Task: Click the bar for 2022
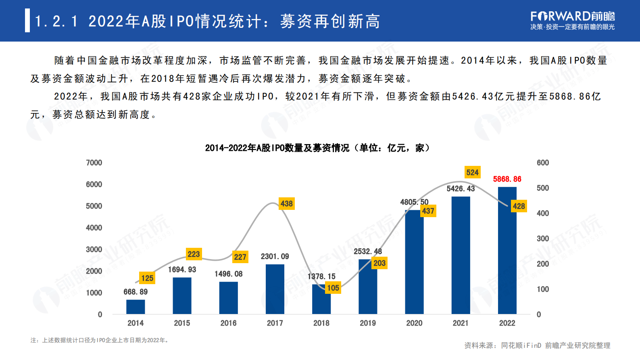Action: click(507, 250)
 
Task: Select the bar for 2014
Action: click(136, 307)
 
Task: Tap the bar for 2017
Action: click(275, 289)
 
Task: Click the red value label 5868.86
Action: click(507, 179)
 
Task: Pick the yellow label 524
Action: click(472, 172)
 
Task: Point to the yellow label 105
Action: click(333, 288)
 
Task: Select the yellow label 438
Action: click(286, 203)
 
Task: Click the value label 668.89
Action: click(136, 292)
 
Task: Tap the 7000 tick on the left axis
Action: click(94, 163)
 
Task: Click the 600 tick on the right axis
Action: click(542, 163)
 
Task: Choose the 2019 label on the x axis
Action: click(367, 323)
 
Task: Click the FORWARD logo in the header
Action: click(572, 17)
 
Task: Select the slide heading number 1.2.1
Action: click(56, 21)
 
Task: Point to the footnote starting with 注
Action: click(100, 340)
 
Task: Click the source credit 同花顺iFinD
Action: click(521, 345)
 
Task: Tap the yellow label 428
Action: click(519, 206)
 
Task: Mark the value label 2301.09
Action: click(275, 256)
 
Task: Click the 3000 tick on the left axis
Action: click(94, 249)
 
